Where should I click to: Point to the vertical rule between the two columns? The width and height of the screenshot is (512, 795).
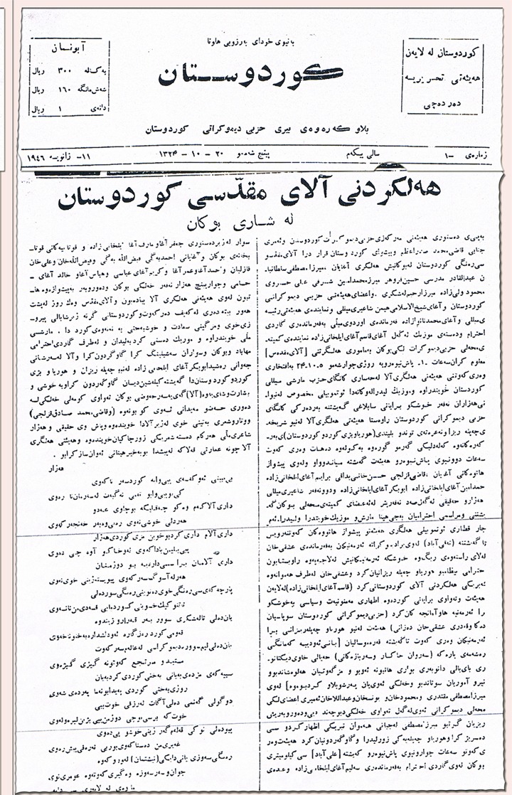[x=259, y=498]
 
